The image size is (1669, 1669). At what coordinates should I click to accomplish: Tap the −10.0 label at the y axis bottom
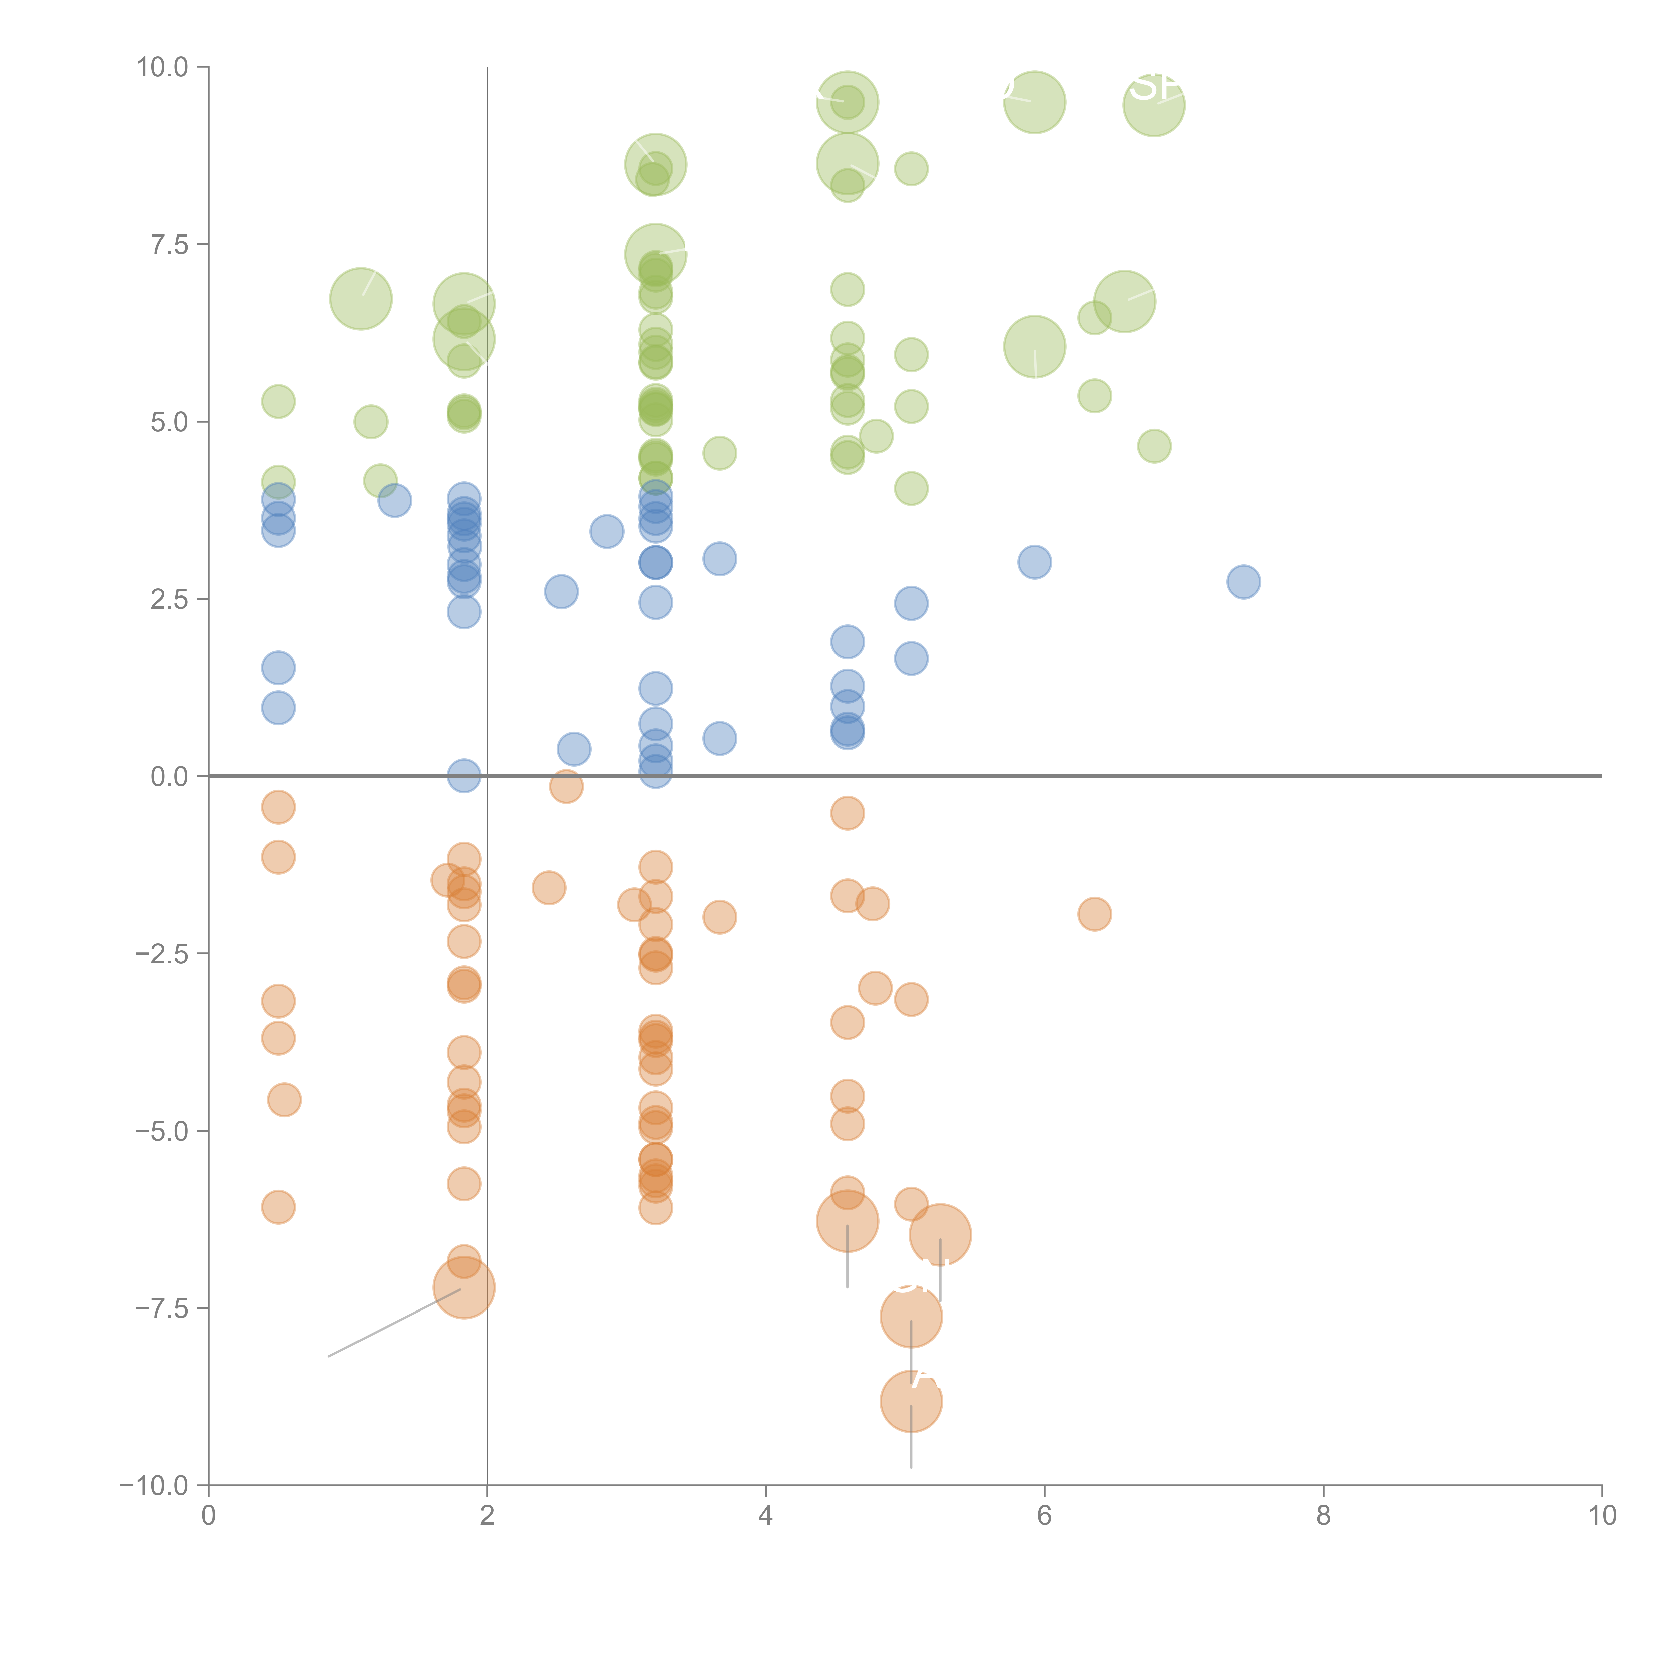[154, 1486]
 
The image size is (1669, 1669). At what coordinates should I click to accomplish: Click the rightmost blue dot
[1243, 581]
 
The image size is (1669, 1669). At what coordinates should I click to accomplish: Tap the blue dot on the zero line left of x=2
[464, 776]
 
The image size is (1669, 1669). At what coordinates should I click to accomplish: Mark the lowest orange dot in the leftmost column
[278, 1207]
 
